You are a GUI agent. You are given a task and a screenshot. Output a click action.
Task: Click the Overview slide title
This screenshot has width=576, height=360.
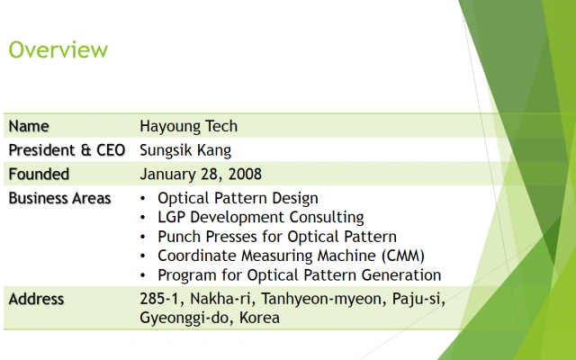pos(58,49)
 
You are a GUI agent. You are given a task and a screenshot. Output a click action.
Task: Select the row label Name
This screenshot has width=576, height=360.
pos(29,126)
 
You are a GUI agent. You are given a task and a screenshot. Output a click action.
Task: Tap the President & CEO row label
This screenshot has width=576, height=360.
pos(67,150)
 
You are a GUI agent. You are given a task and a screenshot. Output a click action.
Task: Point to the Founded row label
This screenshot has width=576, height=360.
pos(39,174)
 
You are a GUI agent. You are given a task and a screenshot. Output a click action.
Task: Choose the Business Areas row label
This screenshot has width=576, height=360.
pos(59,198)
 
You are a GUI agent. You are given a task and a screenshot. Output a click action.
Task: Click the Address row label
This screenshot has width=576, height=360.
pos(36,299)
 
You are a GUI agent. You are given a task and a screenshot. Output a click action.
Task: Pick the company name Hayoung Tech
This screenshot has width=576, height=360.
pos(188,127)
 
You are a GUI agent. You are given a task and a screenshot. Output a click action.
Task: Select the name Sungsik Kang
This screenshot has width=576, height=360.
pos(185,150)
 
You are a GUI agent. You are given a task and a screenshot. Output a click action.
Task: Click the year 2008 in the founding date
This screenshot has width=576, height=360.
pos(245,174)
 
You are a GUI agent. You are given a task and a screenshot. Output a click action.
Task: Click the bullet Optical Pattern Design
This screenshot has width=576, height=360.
pos(238,198)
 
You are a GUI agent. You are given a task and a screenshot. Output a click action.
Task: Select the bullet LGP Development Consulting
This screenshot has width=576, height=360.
pos(261,218)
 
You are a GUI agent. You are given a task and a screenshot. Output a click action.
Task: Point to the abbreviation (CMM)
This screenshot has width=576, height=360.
pos(403,256)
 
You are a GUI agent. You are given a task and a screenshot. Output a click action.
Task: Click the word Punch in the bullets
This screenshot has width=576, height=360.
pos(179,237)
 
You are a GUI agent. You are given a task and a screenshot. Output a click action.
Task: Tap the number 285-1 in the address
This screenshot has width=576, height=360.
pos(159,299)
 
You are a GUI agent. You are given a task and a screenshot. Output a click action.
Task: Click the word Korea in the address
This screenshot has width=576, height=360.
pos(259,318)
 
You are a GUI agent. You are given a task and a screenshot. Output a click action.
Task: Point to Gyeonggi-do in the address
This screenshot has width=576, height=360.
pos(184,319)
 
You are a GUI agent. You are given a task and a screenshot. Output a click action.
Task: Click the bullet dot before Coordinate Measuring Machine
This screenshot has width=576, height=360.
pos(142,256)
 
